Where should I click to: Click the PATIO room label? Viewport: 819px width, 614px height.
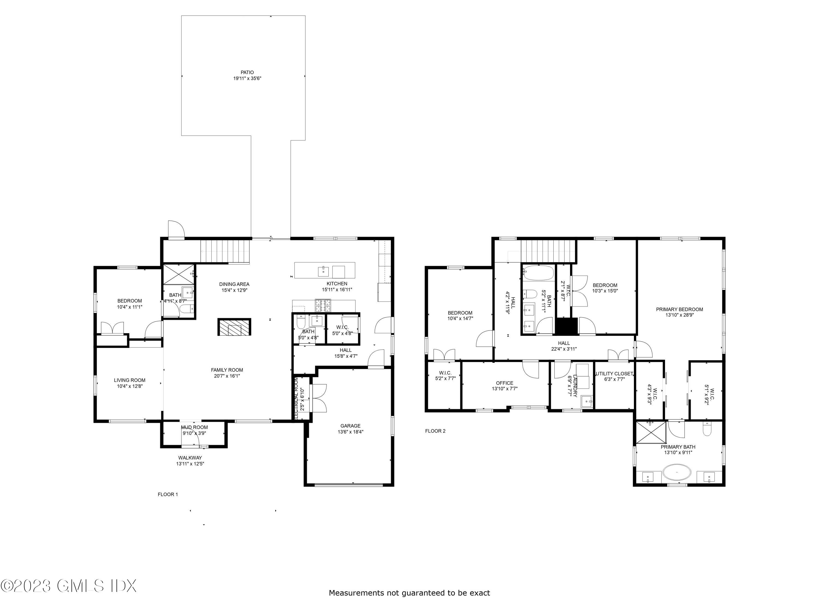(247, 73)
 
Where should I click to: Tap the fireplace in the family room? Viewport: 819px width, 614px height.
(234, 327)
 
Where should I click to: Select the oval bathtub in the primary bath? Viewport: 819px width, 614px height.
(677, 473)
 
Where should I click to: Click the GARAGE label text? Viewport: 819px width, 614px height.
(350, 426)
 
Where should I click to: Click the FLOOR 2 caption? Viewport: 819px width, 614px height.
(435, 431)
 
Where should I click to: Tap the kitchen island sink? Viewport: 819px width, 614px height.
(324, 271)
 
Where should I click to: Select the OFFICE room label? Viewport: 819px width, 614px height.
(505, 383)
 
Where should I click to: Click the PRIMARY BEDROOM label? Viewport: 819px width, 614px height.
(679, 309)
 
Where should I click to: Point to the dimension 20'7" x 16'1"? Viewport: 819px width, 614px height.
(227, 376)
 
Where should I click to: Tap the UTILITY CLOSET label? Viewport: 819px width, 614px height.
(614, 374)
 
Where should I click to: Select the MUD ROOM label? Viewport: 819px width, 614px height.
(194, 427)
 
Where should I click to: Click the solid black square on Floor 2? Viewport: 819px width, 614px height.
(566, 326)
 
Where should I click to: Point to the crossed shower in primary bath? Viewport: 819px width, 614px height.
(651, 433)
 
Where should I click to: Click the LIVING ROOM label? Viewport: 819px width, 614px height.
(130, 380)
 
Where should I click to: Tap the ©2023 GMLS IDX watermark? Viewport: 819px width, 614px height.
(69, 586)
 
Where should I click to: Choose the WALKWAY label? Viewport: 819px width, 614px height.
(190, 458)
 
